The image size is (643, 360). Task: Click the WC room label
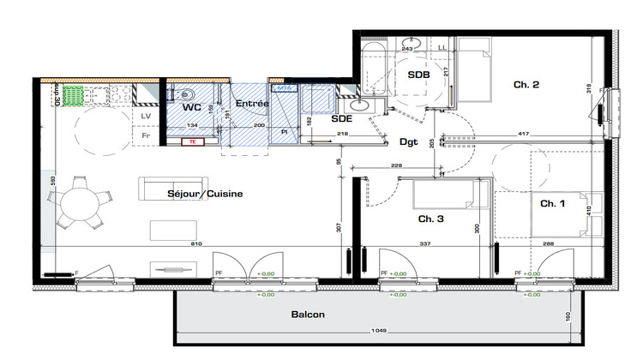point(191,108)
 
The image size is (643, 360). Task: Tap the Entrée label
point(252,104)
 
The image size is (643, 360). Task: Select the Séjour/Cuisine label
point(205,194)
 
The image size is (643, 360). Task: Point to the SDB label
point(418,75)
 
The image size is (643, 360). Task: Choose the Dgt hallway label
point(408,142)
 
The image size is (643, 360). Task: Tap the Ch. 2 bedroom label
point(526,84)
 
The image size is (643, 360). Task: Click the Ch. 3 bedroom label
point(430,219)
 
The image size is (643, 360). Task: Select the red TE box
point(193,142)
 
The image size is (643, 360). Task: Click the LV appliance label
point(145,117)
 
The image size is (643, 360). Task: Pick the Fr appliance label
point(145,135)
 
